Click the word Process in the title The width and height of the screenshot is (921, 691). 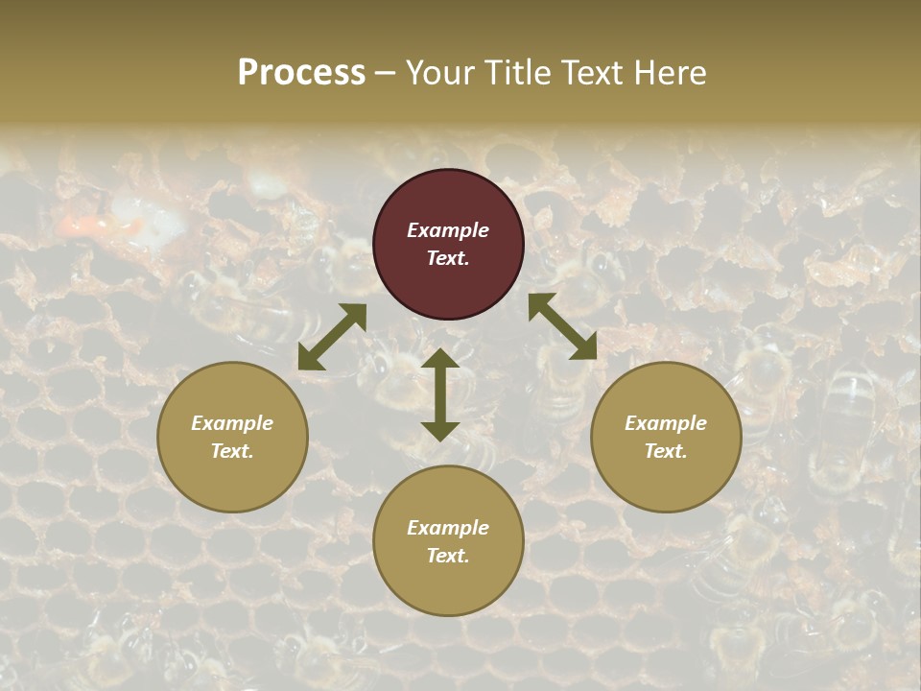[301, 73]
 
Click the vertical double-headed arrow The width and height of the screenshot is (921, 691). [440, 394]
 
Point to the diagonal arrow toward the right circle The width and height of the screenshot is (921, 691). [562, 326]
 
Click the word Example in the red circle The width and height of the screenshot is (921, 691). [448, 230]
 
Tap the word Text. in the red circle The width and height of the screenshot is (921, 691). [448, 258]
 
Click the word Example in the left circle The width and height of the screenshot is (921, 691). [232, 423]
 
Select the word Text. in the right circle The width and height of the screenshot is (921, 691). [666, 451]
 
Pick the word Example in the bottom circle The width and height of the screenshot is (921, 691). [448, 528]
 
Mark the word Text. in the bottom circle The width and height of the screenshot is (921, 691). [448, 556]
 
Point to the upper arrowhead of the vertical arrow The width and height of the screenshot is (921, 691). [440, 357]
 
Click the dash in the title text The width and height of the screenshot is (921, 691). [386, 74]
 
